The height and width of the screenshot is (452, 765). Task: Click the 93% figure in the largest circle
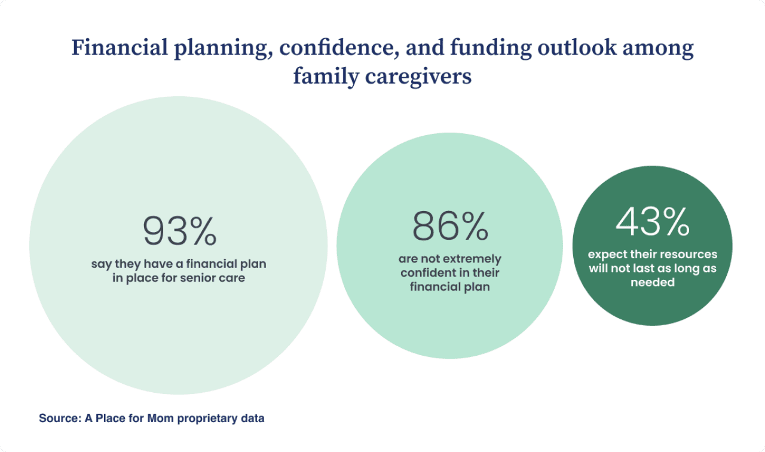[179, 231]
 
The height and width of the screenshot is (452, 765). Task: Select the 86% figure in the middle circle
[449, 227]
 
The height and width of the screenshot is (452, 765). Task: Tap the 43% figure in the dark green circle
[652, 222]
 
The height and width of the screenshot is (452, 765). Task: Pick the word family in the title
[320, 77]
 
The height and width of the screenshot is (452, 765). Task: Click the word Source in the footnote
[56, 419]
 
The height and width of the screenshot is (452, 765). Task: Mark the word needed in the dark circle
[652, 282]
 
